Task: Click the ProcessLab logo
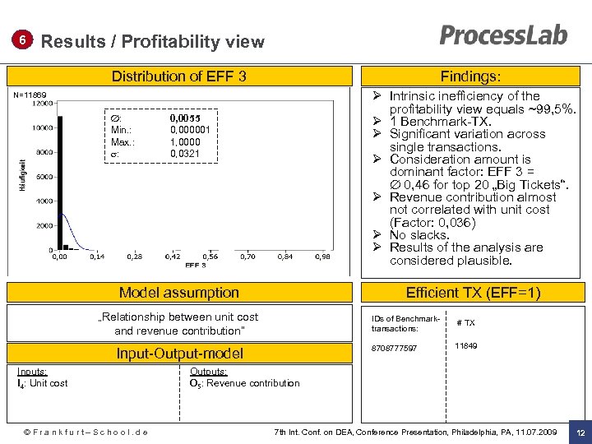click(503, 35)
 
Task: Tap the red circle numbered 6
click(24, 40)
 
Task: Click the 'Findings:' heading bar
click(470, 76)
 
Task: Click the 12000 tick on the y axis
click(44, 104)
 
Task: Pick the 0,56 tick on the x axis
click(210, 257)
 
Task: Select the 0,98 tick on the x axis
click(323, 257)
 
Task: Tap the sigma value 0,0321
click(185, 154)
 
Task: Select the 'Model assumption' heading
click(178, 293)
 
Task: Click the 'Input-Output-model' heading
click(178, 354)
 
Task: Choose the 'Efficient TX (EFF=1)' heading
click(473, 293)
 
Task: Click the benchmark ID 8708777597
click(395, 349)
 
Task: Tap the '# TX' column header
click(465, 323)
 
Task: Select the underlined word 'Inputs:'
click(32, 372)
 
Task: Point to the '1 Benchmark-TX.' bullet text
click(440, 121)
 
